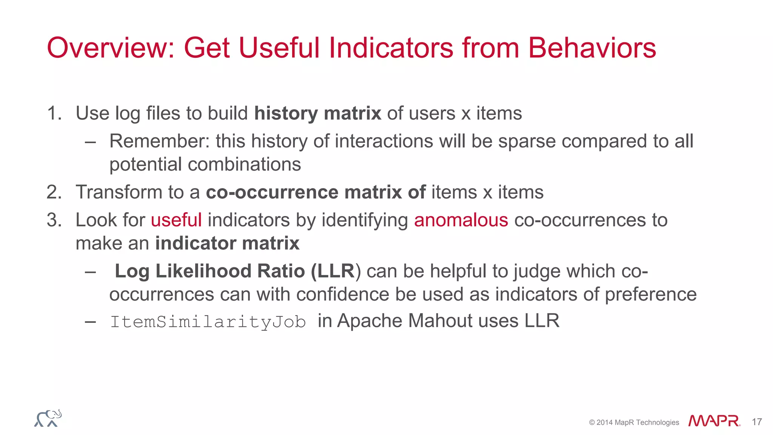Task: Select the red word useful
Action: [176, 220]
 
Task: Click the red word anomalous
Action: [461, 220]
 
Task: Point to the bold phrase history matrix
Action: [317, 113]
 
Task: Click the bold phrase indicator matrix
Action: [227, 243]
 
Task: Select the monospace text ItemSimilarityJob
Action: [208, 322]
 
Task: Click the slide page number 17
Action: [756, 422]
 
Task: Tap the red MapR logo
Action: [714, 421]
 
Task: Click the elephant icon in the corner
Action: [48, 418]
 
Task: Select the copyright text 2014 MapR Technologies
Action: [634, 423]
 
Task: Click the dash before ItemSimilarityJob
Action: [90, 322]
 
